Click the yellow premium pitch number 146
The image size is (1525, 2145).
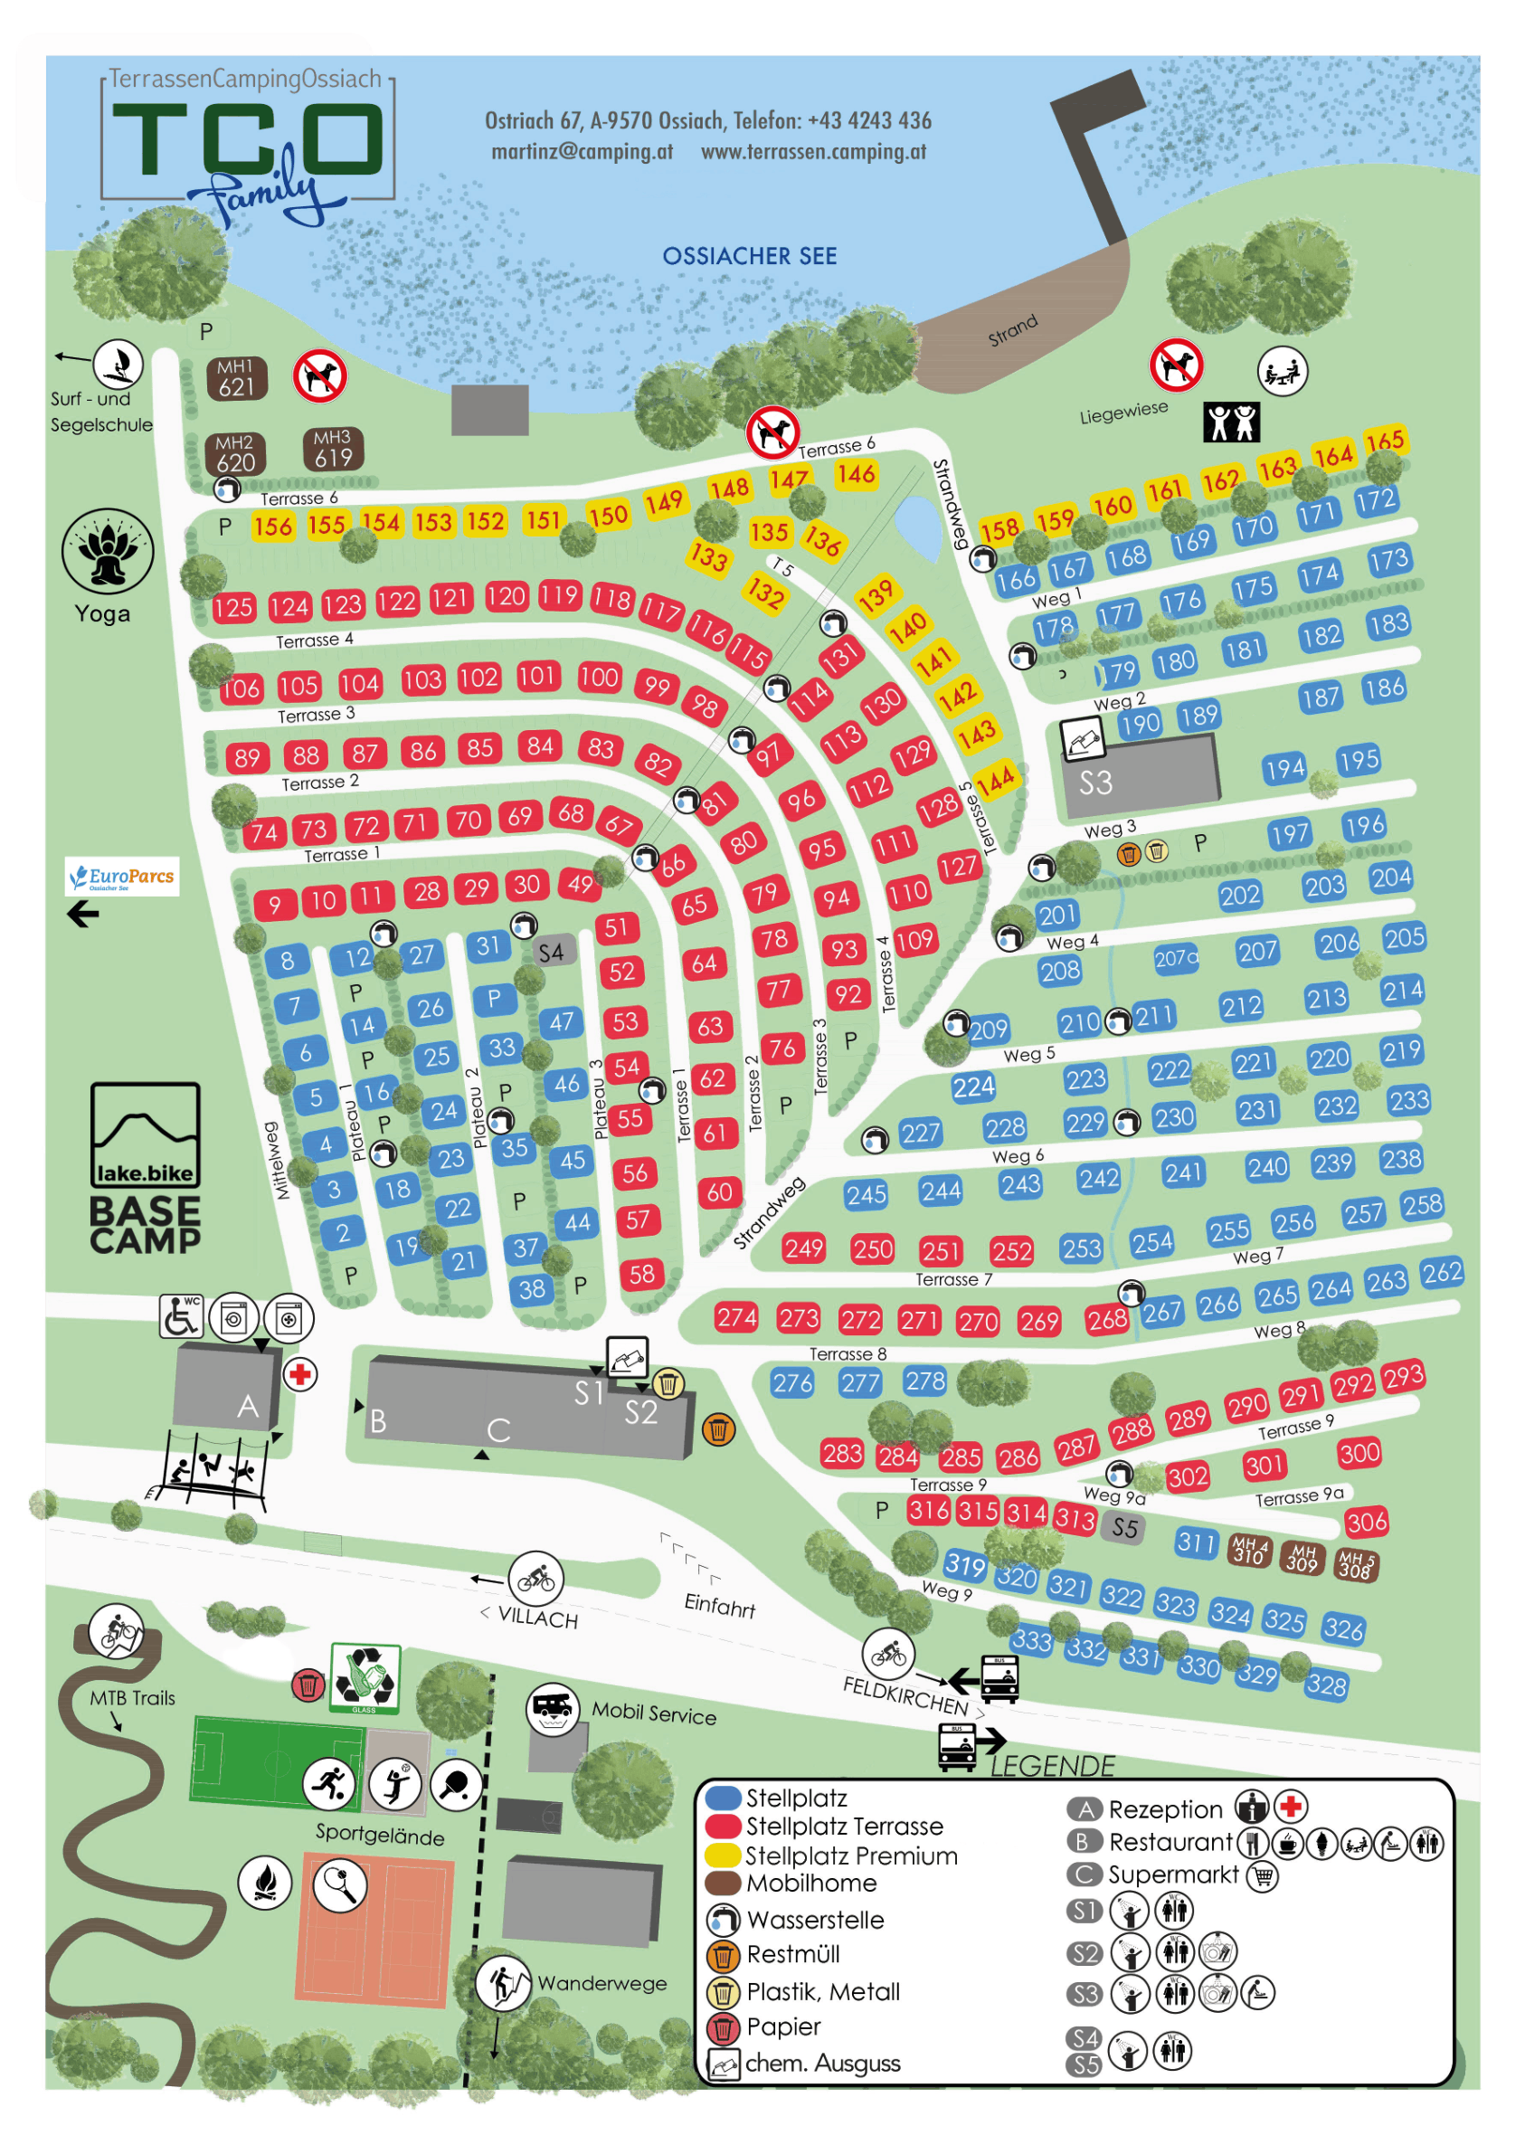[x=856, y=473]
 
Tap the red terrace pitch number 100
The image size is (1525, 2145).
[x=598, y=677]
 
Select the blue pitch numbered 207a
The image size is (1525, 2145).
[x=1176, y=958]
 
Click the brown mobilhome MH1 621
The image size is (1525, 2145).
[x=237, y=377]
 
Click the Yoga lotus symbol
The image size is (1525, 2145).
[x=107, y=551]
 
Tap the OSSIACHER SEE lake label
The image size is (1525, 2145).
[x=748, y=255]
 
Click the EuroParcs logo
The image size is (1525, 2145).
[x=122, y=877]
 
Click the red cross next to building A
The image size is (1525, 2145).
[x=299, y=1375]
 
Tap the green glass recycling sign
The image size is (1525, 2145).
[x=365, y=1678]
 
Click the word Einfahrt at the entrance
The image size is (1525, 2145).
[x=719, y=1605]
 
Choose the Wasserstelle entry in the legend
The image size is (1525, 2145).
[x=814, y=1919]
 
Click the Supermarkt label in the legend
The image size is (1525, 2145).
[x=1173, y=1874]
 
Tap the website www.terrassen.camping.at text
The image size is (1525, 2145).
[x=813, y=151]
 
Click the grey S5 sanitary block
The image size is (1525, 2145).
[x=1124, y=1528]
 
